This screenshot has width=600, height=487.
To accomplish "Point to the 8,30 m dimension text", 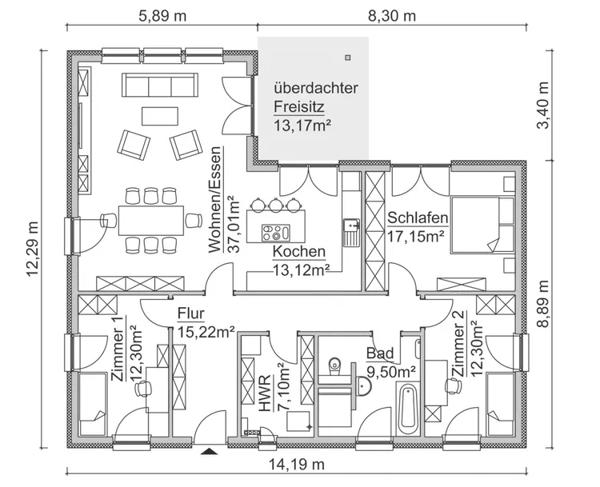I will coord(393,15).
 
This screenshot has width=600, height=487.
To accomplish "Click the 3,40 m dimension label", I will coord(544,105).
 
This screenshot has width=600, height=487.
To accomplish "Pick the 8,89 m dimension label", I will coord(544,303).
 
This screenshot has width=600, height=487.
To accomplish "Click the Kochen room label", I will coord(299,252).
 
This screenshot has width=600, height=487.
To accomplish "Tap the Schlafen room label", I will coord(417,218).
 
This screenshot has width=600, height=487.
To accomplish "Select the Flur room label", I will coord(190,313).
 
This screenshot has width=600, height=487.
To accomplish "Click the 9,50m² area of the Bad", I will coord(390,370).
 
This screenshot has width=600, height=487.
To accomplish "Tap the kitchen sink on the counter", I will coord(350,231).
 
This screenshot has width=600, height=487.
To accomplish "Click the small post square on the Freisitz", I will coord(350,57).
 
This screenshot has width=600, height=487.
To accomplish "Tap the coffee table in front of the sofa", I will coord(156,117).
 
